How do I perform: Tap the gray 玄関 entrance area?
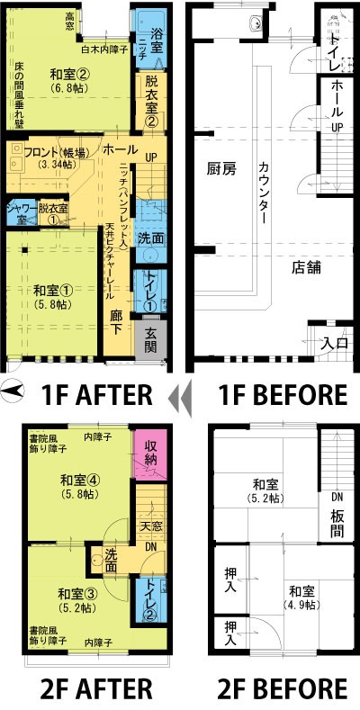click(x=151, y=340)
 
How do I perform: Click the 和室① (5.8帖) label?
click(x=53, y=295)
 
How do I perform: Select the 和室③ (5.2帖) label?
click(x=77, y=599)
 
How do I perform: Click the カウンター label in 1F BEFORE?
click(x=264, y=193)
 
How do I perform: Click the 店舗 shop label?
click(x=306, y=267)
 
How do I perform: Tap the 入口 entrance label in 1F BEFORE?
click(x=335, y=343)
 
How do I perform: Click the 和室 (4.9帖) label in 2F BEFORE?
click(x=302, y=598)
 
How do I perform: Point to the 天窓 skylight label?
click(x=152, y=526)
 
